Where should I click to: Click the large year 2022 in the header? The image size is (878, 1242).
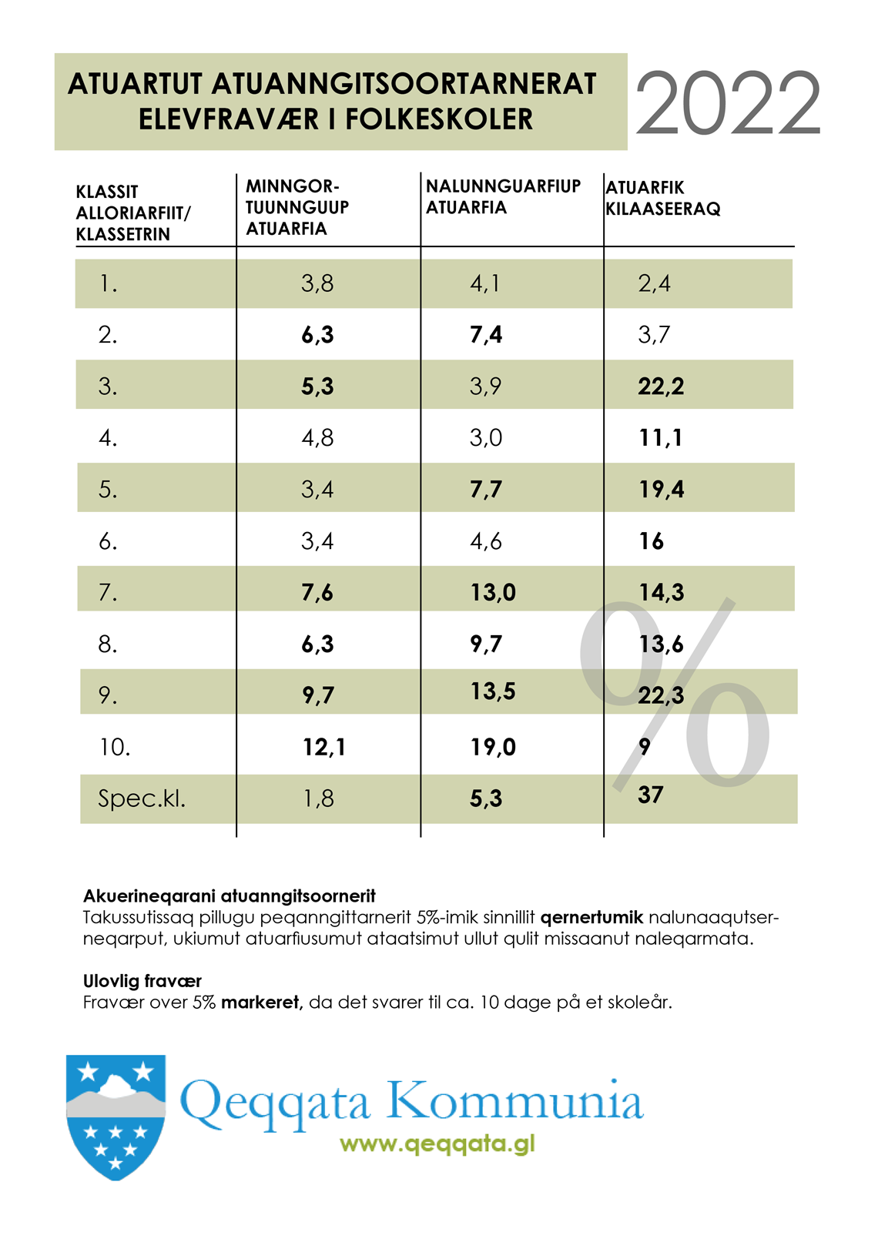(728, 104)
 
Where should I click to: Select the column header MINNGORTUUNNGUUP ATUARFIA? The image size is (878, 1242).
(297, 207)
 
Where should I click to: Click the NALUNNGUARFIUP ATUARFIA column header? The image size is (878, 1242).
(503, 196)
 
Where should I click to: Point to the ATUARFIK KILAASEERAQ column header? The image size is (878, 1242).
(662, 198)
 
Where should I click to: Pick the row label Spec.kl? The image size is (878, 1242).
(142, 798)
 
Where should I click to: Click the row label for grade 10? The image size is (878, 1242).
(115, 747)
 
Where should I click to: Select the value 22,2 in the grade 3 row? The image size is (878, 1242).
(661, 386)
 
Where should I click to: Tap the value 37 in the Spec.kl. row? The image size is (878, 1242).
(651, 795)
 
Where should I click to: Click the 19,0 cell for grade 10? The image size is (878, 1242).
(493, 747)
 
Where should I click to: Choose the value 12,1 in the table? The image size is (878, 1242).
(324, 747)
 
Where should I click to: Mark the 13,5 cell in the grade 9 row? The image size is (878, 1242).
(493, 691)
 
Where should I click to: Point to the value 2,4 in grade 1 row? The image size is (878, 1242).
(654, 283)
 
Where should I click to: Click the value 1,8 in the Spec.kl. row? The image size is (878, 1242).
(318, 798)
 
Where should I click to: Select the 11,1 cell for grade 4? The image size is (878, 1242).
(661, 437)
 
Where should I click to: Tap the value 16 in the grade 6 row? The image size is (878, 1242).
(651, 541)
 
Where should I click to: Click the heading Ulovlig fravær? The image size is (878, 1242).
(142, 981)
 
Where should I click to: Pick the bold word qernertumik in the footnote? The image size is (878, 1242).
(591, 917)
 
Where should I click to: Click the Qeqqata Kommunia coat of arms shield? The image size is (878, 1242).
(116, 1116)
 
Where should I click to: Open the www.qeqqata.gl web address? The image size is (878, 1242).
(437, 1143)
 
